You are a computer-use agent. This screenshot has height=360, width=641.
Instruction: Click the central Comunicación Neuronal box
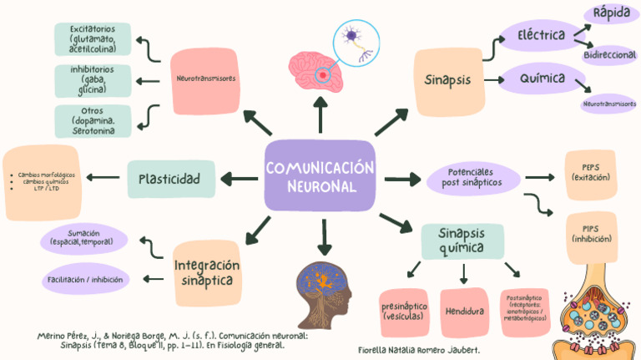tap(320, 176)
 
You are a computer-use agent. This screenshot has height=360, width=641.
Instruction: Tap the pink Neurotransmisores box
tap(205, 79)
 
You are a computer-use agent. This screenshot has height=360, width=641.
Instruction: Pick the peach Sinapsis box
tap(447, 81)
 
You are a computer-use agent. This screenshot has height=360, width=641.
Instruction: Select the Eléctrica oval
tap(541, 36)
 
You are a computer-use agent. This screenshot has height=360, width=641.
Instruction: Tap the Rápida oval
tap(611, 13)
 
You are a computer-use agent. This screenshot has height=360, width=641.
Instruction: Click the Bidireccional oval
tap(610, 54)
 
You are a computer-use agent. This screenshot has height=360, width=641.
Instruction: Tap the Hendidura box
tap(465, 311)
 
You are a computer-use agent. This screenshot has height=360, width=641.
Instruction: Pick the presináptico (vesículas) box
tap(404, 311)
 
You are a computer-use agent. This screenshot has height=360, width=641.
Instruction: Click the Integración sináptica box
tap(207, 273)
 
